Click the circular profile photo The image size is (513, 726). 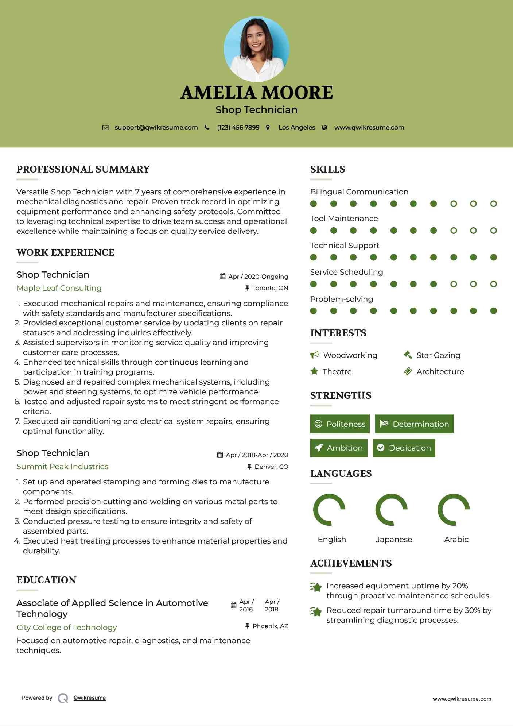tap(256, 49)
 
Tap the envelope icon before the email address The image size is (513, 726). tap(105, 128)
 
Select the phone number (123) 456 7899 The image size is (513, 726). tap(238, 128)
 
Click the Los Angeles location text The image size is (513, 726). tap(297, 128)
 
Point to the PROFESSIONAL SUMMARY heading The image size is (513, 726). tap(83, 169)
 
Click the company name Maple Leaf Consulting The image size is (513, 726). tap(59, 288)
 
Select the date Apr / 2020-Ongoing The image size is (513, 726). tap(258, 277)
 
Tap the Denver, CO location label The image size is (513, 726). tap(271, 467)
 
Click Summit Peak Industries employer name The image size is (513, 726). tap(62, 467)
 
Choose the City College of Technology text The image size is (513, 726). tap(67, 627)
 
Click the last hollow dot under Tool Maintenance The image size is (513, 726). tap(493, 231)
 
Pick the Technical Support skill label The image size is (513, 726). tap(345, 246)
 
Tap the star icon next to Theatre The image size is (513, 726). tap(314, 371)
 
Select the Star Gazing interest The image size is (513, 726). tap(438, 355)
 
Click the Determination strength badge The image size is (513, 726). tap(414, 424)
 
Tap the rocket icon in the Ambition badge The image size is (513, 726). tap(319, 448)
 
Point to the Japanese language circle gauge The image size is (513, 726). tap(391, 510)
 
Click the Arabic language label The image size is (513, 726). tap(456, 540)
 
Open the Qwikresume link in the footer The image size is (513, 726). tap(90, 698)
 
